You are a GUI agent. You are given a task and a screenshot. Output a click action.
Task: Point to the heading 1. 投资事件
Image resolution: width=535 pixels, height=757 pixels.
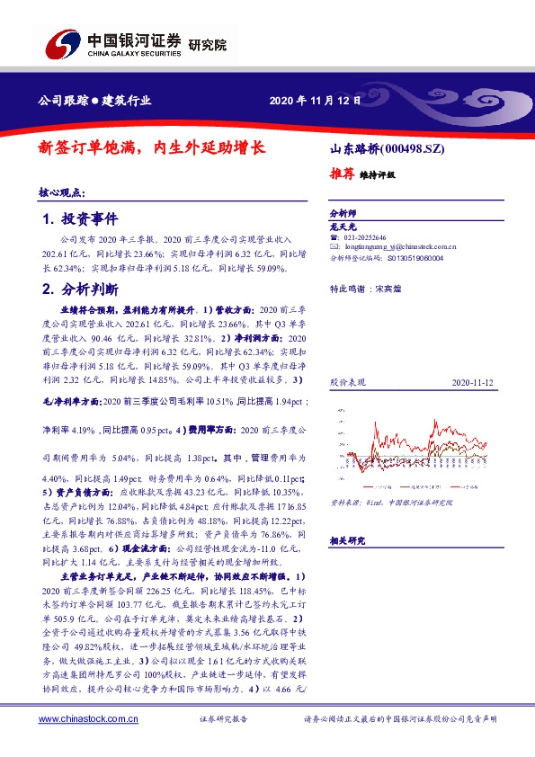80,219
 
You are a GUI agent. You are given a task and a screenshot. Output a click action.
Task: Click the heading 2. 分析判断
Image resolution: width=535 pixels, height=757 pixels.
80,289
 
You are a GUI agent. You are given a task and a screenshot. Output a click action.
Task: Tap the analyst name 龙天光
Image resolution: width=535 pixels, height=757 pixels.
343,227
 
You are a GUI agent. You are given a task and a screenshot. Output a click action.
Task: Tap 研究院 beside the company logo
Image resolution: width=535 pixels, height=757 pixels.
208,43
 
